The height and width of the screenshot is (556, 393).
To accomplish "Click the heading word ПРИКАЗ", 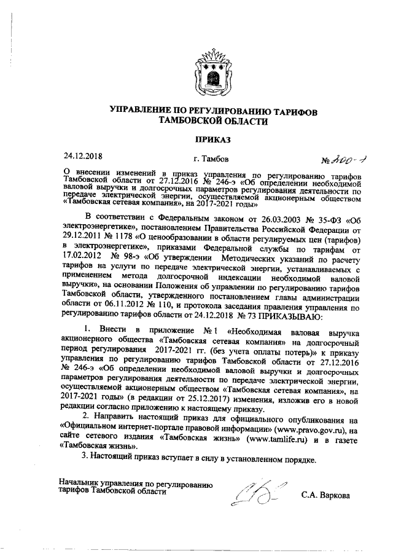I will tap(212, 139).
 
